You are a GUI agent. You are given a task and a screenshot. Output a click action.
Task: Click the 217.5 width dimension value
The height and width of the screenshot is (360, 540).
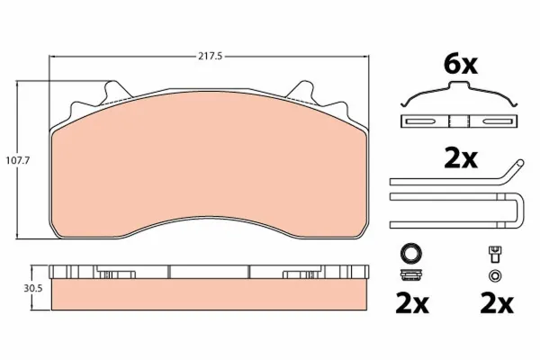coord(210,57)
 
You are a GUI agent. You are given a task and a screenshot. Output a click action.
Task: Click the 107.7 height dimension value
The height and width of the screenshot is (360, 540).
coord(18,160)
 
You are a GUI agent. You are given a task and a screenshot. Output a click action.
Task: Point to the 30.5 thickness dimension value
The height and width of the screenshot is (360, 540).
coord(33,288)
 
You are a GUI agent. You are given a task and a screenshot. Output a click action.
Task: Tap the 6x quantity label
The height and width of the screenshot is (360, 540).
coord(461,65)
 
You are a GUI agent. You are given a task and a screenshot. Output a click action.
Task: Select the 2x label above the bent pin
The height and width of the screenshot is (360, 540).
coord(461,158)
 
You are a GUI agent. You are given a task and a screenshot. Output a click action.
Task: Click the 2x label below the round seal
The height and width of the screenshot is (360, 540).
coord(412,303)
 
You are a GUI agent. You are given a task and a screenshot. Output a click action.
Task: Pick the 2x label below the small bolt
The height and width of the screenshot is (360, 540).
coord(497,303)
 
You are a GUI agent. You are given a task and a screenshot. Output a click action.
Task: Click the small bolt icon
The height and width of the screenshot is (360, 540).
coord(495,255)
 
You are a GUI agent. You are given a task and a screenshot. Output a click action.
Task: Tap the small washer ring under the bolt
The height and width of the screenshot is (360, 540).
coord(495,275)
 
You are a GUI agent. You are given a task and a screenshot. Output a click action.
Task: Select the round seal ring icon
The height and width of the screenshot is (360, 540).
coord(411,254)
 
